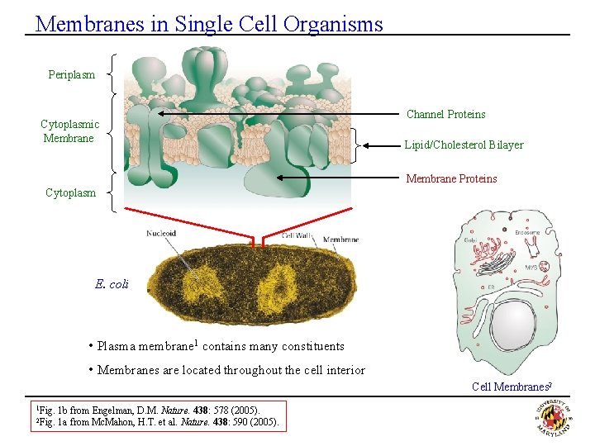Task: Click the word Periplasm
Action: tap(71, 75)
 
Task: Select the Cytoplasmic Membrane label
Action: tap(69, 131)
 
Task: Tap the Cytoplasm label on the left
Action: tap(70, 193)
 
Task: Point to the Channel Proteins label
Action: tap(445, 115)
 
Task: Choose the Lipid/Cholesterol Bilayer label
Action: tap(464, 145)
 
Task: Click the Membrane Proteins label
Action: tap(450, 179)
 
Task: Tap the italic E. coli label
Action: tap(112, 284)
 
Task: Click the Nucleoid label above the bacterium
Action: tap(161, 234)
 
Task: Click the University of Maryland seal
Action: tap(554, 416)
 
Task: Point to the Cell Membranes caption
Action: tap(510, 387)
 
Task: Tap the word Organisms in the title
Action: tap(333, 24)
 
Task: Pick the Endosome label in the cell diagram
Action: tap(526, 233)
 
